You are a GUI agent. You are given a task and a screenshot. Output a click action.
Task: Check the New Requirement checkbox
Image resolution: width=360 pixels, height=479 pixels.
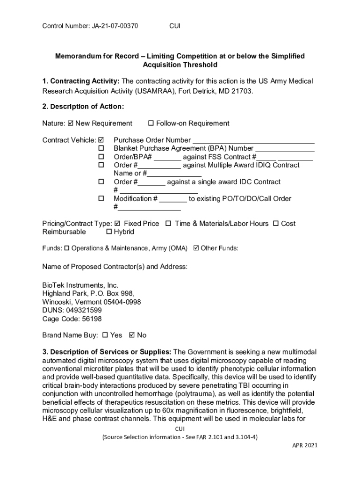(71, 123)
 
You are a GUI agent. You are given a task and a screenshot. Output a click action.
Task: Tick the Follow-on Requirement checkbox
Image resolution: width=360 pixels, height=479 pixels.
(151, 123)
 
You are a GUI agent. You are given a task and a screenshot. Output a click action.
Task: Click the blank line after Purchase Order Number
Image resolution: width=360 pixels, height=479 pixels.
(253, 140)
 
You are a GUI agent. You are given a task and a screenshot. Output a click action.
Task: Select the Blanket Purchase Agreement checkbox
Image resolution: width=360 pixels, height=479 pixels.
(101, 149)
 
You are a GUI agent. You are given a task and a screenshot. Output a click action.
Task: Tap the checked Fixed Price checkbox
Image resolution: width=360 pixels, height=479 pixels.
(117, 224)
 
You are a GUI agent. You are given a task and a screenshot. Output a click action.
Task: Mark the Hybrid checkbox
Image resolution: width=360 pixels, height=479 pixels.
(109, 232)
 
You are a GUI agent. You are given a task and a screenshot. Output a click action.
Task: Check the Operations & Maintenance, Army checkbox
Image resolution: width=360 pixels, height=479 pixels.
(66, 248)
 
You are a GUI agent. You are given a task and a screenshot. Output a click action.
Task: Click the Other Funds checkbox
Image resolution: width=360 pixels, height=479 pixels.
(196, 248)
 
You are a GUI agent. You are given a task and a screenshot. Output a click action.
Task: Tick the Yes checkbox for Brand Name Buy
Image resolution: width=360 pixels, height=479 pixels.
(105, 335)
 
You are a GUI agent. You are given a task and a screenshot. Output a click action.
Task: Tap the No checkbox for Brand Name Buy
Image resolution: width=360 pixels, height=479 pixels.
(131, 335)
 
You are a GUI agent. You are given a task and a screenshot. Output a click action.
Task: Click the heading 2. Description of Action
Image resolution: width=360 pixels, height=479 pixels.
(83, 107)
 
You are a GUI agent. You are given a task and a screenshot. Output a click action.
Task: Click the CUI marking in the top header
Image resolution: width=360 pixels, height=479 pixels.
(174, 26)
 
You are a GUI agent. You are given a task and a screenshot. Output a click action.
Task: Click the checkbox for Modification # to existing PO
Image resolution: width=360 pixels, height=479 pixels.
(101, 199)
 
